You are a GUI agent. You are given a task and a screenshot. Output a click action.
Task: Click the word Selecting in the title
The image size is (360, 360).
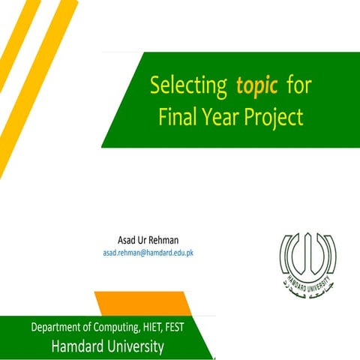(x=188, y=87)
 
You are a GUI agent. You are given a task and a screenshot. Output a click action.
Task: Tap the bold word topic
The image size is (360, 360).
(x=257, y=86)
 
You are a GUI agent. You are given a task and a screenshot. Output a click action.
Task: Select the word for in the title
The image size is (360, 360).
(x=298, y=86)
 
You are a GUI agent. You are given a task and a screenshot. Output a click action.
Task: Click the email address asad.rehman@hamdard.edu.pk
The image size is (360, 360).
(x=148, y=253)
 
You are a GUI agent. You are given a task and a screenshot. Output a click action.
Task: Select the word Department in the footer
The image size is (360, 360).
(x=63, y=328)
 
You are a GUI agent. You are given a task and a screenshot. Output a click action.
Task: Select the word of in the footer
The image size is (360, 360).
(x=105, y=328)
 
